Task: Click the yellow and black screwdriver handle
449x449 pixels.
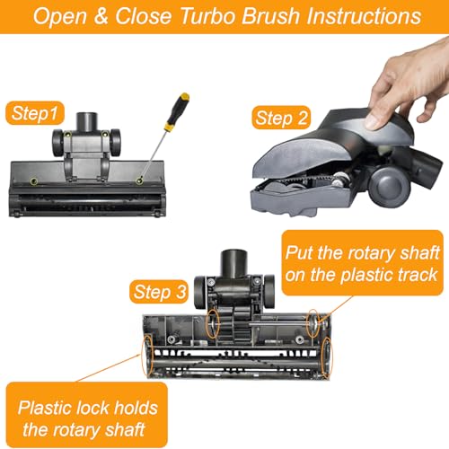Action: point(180,108)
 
